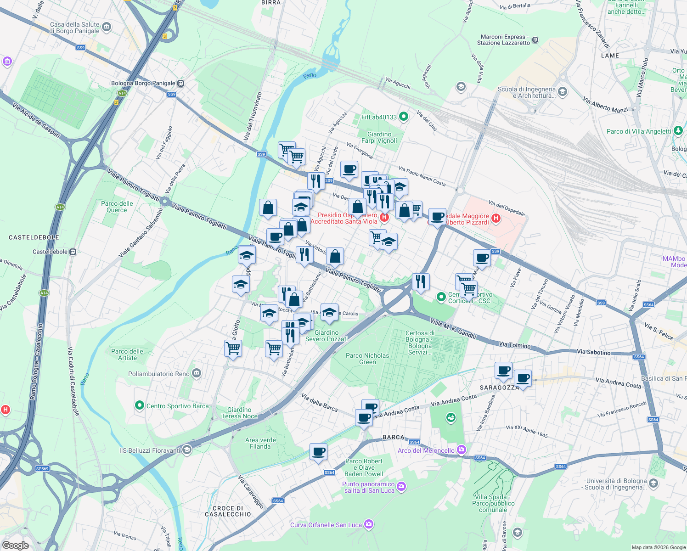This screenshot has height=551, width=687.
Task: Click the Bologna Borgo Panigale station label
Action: click(143, 83)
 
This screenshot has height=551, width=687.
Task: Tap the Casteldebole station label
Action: click(51, 252)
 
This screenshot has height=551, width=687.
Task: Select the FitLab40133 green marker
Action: click(404, 117)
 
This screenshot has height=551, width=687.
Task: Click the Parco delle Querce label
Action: click(117, 207)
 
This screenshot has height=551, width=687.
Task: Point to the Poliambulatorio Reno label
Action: click(159, 374)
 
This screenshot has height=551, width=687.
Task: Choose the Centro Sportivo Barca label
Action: click(177, 406)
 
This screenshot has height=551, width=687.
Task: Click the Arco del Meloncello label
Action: click(426, 450)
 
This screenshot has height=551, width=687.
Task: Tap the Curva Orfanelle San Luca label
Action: click(326, 525)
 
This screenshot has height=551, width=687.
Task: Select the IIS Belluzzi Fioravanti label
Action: click(150, 450)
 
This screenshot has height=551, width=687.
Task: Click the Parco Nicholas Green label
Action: click(367, 359)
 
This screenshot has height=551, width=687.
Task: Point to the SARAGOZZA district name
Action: click(499, 388)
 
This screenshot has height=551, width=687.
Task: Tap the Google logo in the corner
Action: click(15, 545)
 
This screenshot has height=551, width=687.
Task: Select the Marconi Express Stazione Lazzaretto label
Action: click(503, 40)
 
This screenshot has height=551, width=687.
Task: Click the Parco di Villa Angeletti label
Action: click(639, 131)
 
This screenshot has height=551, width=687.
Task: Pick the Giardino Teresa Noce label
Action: click(239, 413)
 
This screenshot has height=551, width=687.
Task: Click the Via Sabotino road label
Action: click(594, 352)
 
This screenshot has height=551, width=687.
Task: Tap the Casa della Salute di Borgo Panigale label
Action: click(74, 28)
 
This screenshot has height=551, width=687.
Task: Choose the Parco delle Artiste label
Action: click(127, 354)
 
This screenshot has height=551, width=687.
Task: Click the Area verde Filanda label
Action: click(260, 443)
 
